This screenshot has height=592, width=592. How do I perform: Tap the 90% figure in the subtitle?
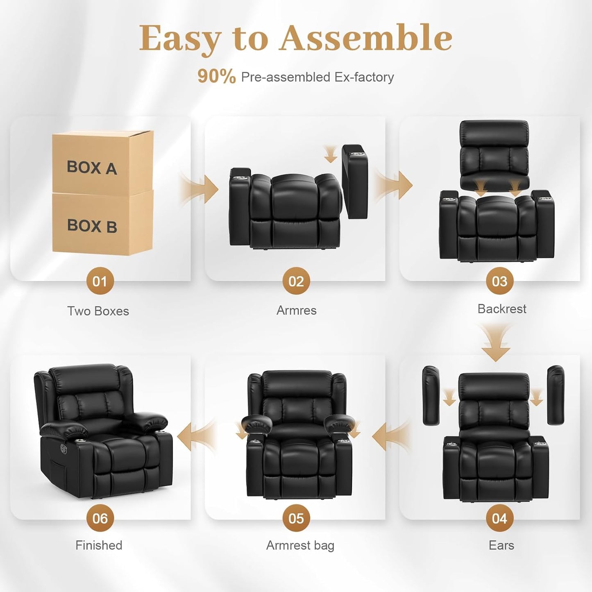pyautogui.click(x=216, y=77)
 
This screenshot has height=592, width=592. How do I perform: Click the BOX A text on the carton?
pyautogui.click(x=92, y=167)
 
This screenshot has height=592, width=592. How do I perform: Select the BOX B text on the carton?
pyautogui.click(x=92, y=226)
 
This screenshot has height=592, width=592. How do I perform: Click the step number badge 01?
pyautogui.click(x=100, y=281)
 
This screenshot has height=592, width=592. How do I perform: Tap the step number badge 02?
pyautogui.click(x=296, y=281)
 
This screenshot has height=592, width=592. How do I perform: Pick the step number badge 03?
pyautogui.click(x=499, y=281)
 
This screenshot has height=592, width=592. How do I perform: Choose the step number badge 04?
pyautogui.click(x=499, y=518)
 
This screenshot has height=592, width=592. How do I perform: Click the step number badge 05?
pyautogui.click(x=296, y=518)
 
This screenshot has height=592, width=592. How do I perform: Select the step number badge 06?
pyautogui.click(x=100, y=518)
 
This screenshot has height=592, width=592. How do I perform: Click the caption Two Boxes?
pyautogui.click(x=98, y=311)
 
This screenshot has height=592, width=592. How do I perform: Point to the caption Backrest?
pyautogui.click(x=501, y=308)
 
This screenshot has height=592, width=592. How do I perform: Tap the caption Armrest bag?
pyautogui.click(x=300, y=545)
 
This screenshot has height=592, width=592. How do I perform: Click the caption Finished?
pyautogui.click(x=99, y=545)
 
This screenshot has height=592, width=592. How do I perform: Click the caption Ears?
pyautogui.click(x=501, y=545)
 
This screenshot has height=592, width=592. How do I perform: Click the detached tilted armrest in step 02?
pyautogui.click(x=355, y=181)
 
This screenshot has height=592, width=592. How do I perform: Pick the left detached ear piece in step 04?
pyautogui.click(x=431, y=395)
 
